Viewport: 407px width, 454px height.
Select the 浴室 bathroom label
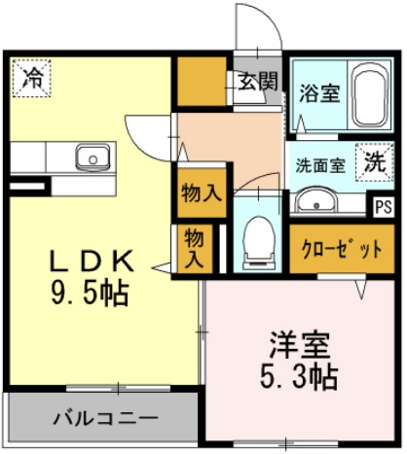click(x=318, y=94)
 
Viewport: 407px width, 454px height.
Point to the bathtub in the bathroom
click(x=367, y=97)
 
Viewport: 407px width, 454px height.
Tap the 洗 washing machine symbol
click(x=373, y=162)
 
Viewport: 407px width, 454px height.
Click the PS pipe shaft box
click(x=383, y=206)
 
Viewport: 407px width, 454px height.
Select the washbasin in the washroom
click(x=315, y=202)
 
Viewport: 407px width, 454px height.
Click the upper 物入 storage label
click(x=201, y=192)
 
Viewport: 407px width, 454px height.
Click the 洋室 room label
click(x=300, y=343)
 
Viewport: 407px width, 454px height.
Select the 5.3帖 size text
click(x=301, y=375)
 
